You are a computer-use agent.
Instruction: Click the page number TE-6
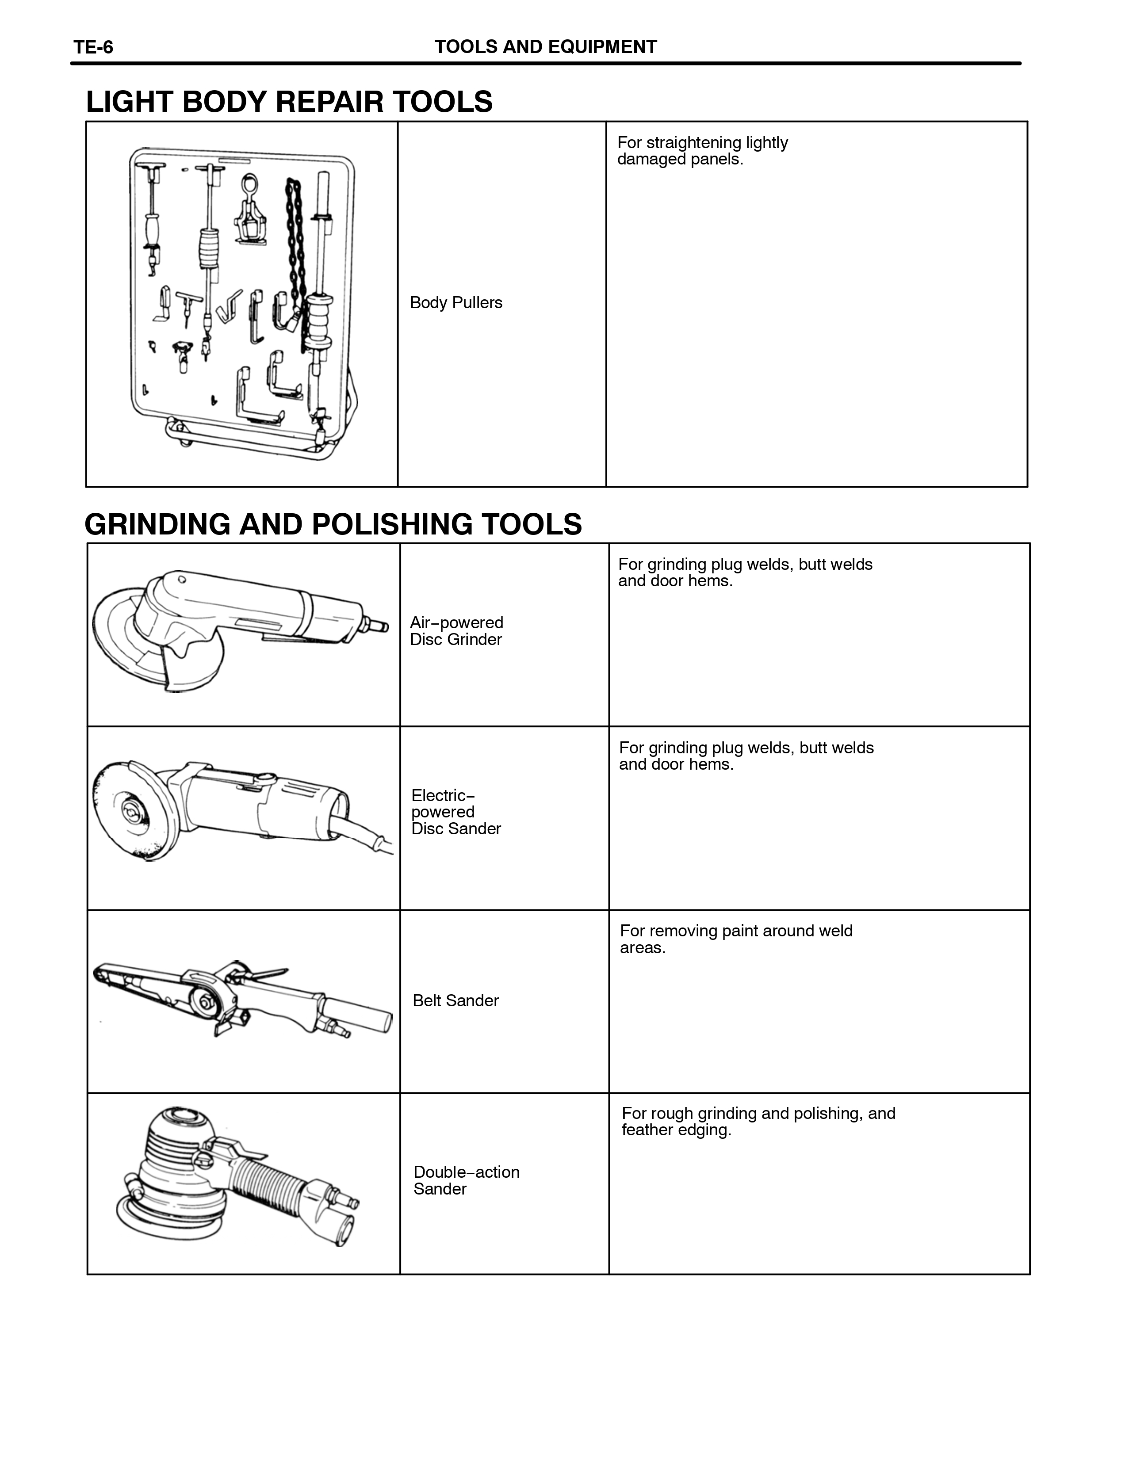pos(93,47)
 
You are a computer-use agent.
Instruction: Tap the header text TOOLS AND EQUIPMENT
pos(545,47)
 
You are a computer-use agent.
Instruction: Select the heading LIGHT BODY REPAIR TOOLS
pos(289,102)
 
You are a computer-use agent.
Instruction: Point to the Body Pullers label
pos(456,302)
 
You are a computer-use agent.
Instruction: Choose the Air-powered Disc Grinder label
pos(457,631)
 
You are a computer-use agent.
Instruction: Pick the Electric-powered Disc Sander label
pos(456,812)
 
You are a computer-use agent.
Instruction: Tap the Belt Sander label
pos(455,1000)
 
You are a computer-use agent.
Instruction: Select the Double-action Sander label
pos(466,1180)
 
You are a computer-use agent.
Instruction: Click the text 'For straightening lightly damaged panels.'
pos(702,151)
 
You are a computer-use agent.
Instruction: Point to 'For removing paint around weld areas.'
pos(736,939)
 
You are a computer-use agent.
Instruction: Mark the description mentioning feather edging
pos(758,1122)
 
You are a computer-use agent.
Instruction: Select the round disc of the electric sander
pos(130,812)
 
